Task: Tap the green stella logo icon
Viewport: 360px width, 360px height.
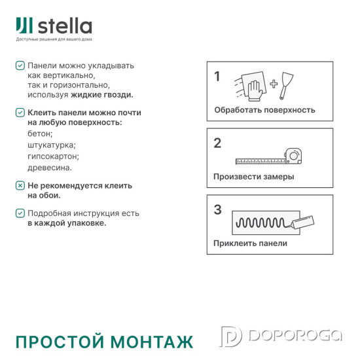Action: [x=24, y=26]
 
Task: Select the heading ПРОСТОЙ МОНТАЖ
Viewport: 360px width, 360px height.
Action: [x=104, y=342]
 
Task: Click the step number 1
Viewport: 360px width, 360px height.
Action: [x=217, y=77]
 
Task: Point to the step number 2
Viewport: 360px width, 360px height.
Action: [x=217, y=143]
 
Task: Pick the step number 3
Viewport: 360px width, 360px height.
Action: [x=218, y=210]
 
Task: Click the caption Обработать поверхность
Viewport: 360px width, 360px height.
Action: [x=264, y=110]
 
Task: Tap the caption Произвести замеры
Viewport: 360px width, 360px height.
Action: [x=253, y=177]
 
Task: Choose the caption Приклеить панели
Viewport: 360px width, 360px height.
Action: [x=250, y=243]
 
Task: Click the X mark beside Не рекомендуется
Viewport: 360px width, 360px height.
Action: [x=20, y=186]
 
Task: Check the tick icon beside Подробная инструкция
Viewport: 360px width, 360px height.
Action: [x=20, y=213]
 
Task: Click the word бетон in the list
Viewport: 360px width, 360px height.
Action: [x=40, y=133]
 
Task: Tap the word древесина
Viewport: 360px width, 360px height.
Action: [x=50, y=168]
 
